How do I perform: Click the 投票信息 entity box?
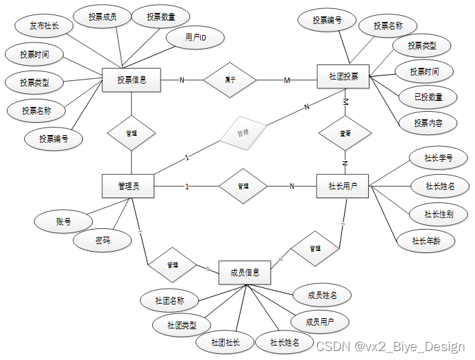pyautogui.click(x=130, y=80)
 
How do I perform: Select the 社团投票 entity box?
pyautogui.click(x=343, y=76)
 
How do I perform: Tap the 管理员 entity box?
pyautogui.click(x=128, y=186)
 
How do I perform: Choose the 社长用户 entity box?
pyautogui.click(x=343, y=186)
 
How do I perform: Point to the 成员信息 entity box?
pyautogui.click(x=245, y=272)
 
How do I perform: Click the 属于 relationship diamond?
pyautogui.click(x=230, y=80)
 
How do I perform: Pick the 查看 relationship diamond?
pyautogui.click(x=345, y=133)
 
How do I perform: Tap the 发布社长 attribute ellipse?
pyautogui.click(x=44, y=27)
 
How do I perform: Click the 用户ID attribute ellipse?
pyautogui.click(x=196, y=38)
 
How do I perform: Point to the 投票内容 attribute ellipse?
pyautogui.click(x=428, y=123)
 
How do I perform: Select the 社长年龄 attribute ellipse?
pyautogui.click(x=426, y=241)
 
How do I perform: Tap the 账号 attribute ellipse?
pyautogui.click(x=64, y=221)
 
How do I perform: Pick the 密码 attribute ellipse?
pyautogui.click(x=103, y=240)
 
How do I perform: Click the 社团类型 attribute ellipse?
pyautogui.click(x=182, y=324)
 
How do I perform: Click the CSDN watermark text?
pyautogui.click(x=390, y=346)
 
